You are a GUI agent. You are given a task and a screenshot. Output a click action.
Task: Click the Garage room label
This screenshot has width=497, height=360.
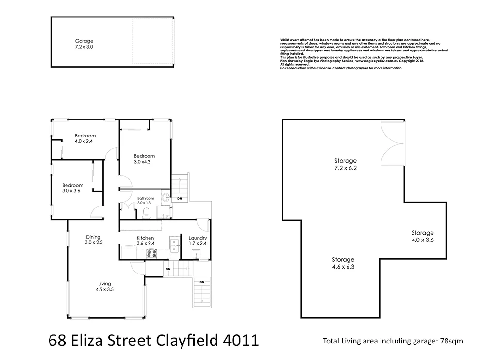(x=84, y=44)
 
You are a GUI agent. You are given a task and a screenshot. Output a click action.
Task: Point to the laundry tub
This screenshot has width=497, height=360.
(x=197, y=253)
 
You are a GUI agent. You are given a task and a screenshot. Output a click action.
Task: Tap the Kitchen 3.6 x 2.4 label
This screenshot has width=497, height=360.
(x=146, y=240)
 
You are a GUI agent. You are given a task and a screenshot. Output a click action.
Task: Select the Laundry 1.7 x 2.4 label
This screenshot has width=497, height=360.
(x=198, y=240)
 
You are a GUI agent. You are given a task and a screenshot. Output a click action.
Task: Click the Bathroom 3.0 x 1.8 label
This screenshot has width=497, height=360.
(x=146, y=200)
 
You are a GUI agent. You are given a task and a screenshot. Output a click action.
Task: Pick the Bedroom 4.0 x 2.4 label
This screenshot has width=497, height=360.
(x=85, y=138)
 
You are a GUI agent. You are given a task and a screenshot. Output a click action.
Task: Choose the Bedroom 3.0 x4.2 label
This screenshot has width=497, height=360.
(x=144, y=159)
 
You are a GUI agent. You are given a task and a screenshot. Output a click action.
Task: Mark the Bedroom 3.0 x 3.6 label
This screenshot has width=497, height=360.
(x=72, y=188)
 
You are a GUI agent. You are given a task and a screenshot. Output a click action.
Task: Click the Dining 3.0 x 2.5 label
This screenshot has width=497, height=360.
(x=93, y=240)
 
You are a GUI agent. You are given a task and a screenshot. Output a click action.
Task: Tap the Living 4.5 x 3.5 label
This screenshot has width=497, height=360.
(x=104, y=286)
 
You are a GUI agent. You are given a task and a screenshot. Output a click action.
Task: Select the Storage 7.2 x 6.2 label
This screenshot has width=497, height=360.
(x=346, y=164)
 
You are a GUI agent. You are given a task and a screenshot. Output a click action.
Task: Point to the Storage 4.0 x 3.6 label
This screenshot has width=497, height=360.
(x=422, y=236)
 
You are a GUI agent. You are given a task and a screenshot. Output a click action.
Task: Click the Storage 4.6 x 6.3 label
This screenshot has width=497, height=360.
(x=343, y=263)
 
